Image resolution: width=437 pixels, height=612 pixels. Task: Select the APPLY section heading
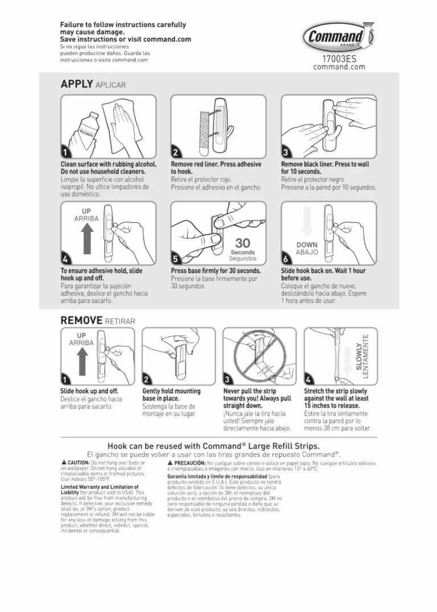(77, 84)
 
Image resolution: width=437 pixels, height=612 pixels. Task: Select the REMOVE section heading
(81, 321)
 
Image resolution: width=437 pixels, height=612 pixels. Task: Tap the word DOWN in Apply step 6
(307, 245)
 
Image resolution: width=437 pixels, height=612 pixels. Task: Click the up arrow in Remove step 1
(81, 359)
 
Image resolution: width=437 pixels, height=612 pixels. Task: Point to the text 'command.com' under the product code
(339, 67)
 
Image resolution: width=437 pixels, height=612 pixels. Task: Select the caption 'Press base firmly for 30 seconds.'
(216, 271)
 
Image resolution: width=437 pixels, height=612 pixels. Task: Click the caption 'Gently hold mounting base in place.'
(171, 395)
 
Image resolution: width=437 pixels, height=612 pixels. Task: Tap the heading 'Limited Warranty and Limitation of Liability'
(100, 490)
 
